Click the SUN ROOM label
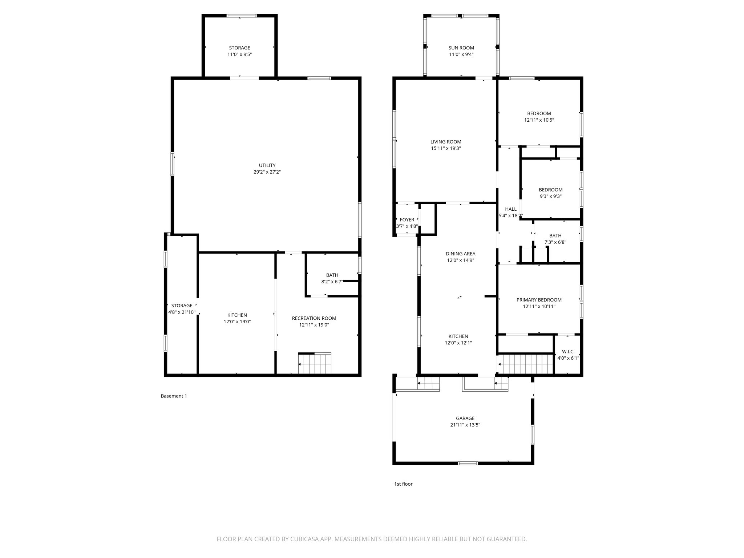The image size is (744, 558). pyautogui.click(x=461, y=48)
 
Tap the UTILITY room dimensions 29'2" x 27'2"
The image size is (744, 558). pyautogui.click(x=267, y=172)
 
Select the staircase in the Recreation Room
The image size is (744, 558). pyautogui.click(x=315, y=363)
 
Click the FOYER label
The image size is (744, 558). pyautogui.click(x=407, y=220)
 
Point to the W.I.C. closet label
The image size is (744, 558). pyautogui.click(x=568, y=352)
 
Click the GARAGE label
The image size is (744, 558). pyautogui.click(x=465, y=418)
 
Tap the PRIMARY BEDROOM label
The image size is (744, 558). pyautogui.click(x=539, y=300)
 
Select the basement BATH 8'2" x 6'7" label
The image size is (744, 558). pyautogui.click(x=332, y=275)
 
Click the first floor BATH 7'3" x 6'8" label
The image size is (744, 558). pyautogui.click(x=555, y=236)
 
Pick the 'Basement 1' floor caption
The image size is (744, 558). pyautogui.click(x=174, y=396)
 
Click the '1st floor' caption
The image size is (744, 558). pyautogui.click(x=403, y=484)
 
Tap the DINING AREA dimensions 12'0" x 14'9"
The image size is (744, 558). pyautogui.click(x=460, y=260)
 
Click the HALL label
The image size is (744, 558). pyautogui.click(x=510, y=209)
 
